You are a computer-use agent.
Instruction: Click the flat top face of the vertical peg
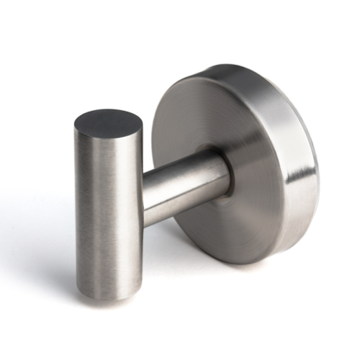(108, 123)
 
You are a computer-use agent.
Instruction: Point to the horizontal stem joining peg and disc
(184, 184)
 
